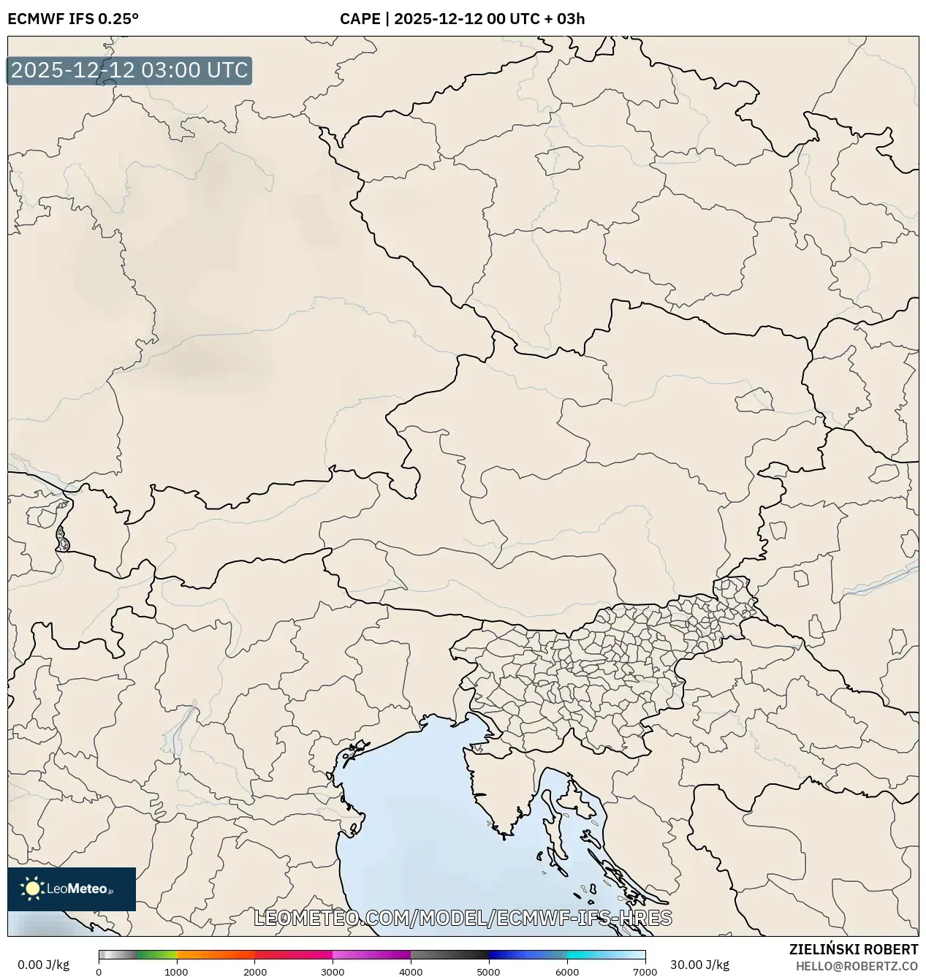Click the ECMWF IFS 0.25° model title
[x=72, y=19]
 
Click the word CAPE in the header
[x=360, y=19]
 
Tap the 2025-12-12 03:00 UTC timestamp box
[x=129, y=70]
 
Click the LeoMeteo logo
[x=72, y=889]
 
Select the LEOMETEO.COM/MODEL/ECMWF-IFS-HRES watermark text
[x=463, y=918]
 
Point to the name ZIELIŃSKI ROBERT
[x=853, y=949]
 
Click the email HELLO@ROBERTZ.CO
[x=857, y=966]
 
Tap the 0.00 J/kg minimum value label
[x=43, y=965]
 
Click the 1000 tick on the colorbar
[x=176, y=972]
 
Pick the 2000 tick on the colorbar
[x=254, y=972]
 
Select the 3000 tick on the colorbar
[x=333, y=972]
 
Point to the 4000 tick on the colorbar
[x=411, y=972]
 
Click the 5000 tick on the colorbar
[x=488, y=972]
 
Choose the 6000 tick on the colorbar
[x=566, y=972]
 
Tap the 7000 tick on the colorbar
[x=645, y=972]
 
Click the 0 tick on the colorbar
[x=99, y=972]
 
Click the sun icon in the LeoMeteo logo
[x=33, y=889]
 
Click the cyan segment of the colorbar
[x=592, y=954]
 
